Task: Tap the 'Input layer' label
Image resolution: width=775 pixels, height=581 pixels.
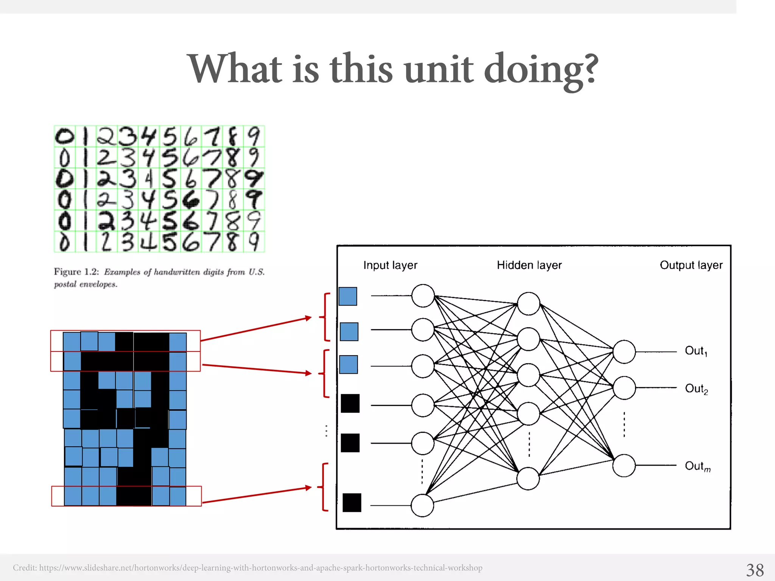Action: (390, 265)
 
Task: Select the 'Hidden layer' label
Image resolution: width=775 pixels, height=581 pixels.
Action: (529, 265)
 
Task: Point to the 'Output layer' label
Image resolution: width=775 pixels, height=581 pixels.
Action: (691, 265)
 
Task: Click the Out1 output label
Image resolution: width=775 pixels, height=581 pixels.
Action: (696, 351)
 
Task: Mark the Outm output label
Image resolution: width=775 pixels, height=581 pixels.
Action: (697, 466)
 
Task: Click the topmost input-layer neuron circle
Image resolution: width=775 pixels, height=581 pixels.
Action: (423, 296)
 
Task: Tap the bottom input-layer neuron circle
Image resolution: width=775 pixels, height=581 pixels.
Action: (422, 505)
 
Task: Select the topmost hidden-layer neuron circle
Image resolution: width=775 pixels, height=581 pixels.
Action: (528, 303)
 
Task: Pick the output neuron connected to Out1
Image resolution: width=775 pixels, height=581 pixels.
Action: (624, 352)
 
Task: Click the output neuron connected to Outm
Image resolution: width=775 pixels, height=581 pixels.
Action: (624, 466)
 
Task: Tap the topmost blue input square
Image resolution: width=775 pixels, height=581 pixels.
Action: (348, 296)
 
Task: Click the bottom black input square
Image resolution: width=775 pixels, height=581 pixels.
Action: (352, 503)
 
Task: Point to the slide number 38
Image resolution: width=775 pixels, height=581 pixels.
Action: (755, 570)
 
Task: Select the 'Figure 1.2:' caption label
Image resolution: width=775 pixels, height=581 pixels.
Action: (76, 272)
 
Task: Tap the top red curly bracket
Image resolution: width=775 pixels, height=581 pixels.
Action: (325, 317)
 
